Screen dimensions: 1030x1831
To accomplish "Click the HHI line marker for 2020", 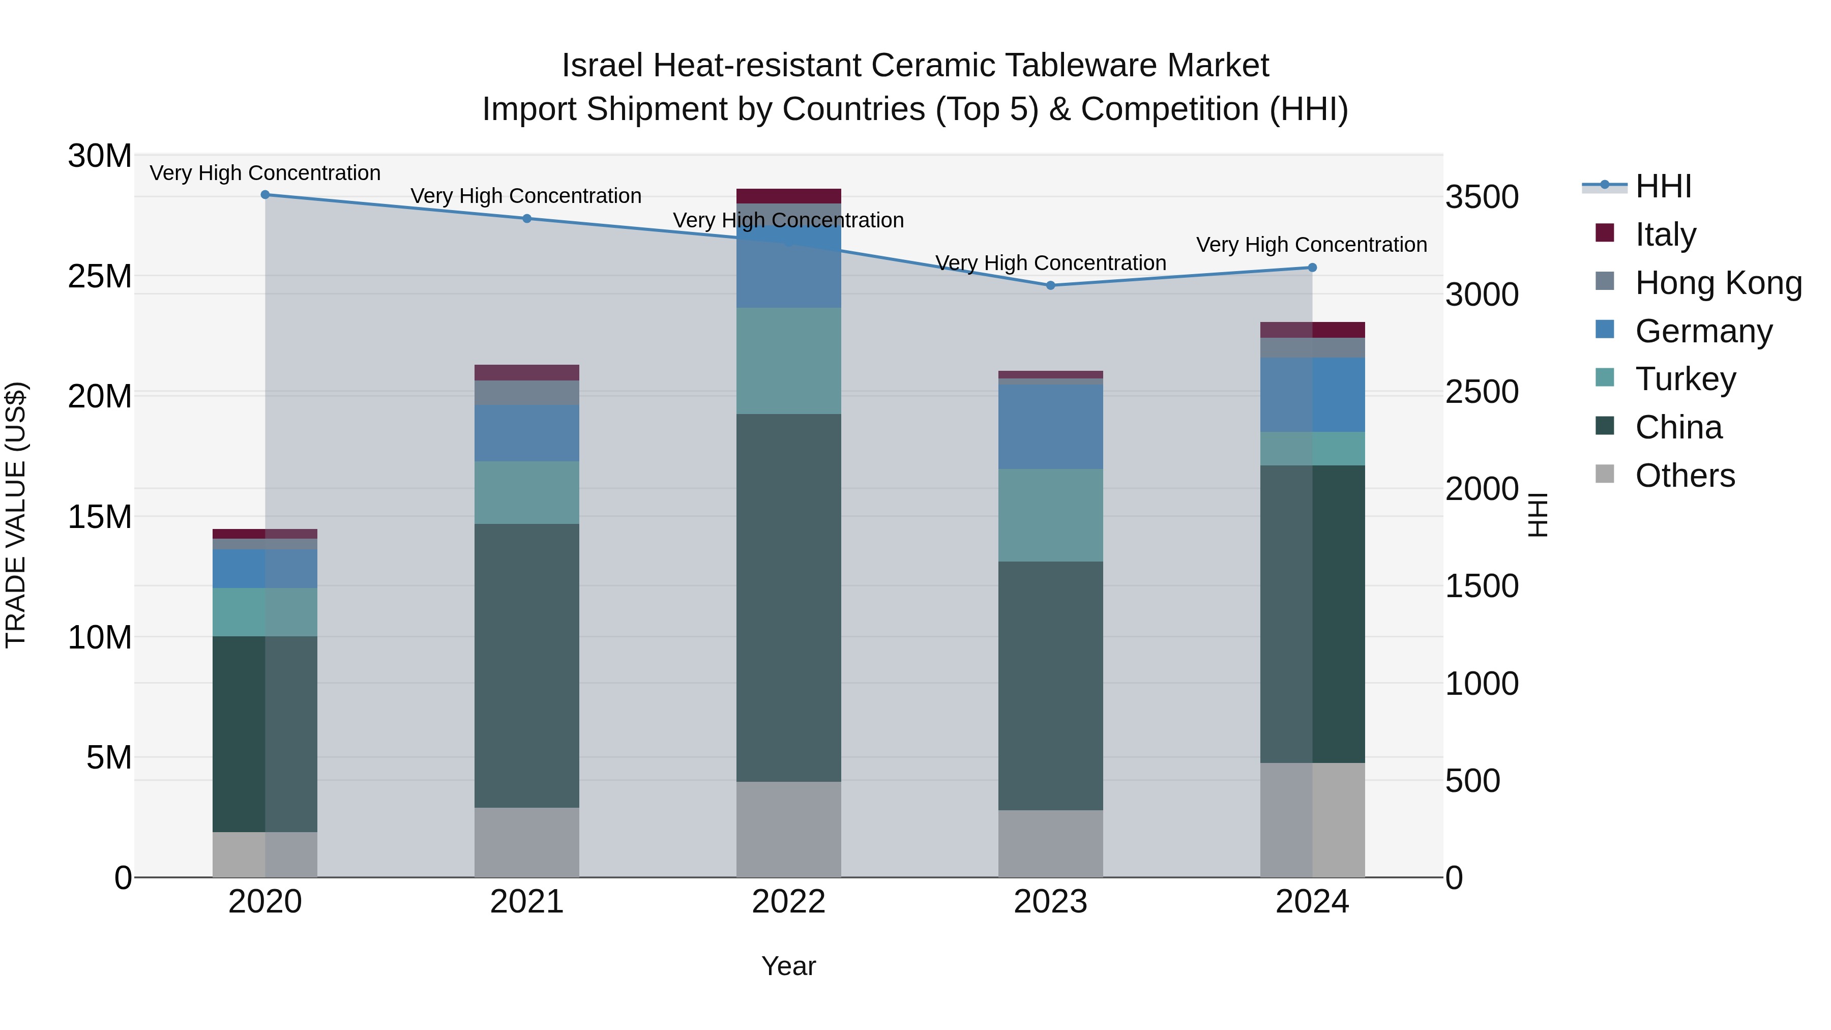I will pyautogui.click(x=265, y=195).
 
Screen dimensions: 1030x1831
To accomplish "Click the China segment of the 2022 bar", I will pyautogui.click(x=788, y=597).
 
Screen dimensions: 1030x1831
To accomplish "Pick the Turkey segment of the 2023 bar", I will pyautogui.click(x=1051, y=515).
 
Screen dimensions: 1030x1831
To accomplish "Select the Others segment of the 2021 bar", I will pyautogui.click(x=527, y=842).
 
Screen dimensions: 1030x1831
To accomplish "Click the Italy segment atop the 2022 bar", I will pyautogui.click(x=788, y=196).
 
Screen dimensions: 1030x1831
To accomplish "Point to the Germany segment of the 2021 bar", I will pyautogui.click(x=527, y=433).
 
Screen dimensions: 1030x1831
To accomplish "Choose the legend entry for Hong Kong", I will pyautogui.click(x=1718, y=283).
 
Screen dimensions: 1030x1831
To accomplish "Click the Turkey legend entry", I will pyautogui.click(x=1686, y=379).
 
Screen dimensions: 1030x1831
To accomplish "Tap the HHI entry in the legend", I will pyautogui.click(x=1663, y=186).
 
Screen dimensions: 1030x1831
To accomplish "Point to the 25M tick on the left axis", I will pyautogui.click(x=100, y=276).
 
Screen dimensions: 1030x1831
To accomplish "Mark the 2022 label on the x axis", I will pyautogui.click(x=788, y=902).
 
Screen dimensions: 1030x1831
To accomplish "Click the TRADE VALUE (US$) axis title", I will pyautogui.click(x=16, y=515).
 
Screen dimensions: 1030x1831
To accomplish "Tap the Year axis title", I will pyautogui.click(x=788, y=966).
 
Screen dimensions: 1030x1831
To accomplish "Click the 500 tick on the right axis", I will pyautogui.click(x=1473, y=780).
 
